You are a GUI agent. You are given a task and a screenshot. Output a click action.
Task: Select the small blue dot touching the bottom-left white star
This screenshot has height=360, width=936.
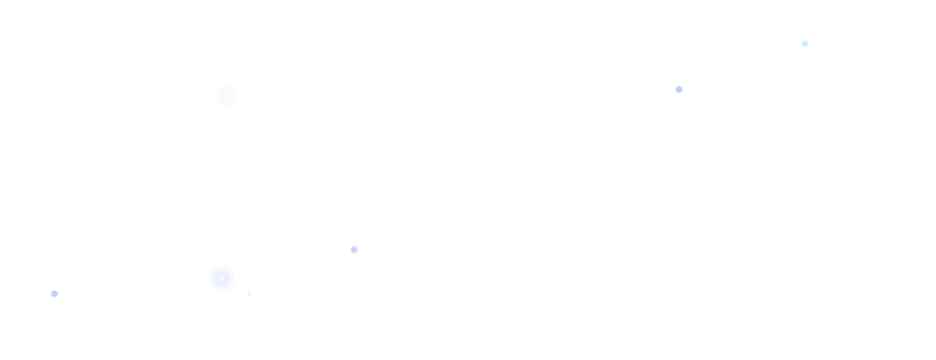tap(54, 293)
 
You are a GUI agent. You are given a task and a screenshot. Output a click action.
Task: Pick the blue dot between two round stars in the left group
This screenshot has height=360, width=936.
tap(354, 249)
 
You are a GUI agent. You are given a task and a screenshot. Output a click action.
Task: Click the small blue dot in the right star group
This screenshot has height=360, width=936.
tap(679, 89)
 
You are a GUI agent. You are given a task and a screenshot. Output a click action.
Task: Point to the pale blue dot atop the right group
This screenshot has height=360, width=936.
tap(805, 43)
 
